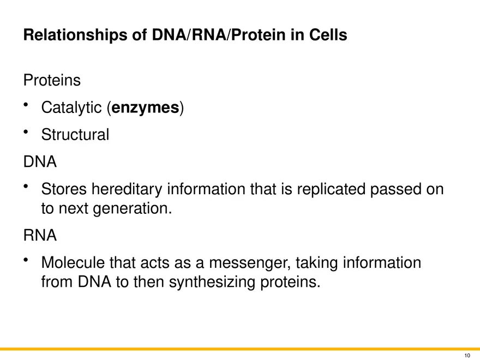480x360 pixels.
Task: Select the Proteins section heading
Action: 52,80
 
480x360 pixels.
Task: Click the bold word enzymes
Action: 145,108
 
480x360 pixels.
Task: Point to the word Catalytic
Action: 71,108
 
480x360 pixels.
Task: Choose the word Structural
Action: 75,134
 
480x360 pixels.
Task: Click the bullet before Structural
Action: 26,132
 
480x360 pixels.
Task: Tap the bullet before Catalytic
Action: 26,105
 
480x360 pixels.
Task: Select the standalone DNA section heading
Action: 40,161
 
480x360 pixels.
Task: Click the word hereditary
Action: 127,189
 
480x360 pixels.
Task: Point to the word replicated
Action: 331,189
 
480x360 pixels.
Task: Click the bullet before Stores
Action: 26,186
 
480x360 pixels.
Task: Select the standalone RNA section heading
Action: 40,236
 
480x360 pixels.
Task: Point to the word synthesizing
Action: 212,282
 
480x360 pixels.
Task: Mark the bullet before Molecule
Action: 26,260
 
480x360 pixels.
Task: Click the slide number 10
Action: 467,356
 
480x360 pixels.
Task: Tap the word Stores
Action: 64,189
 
